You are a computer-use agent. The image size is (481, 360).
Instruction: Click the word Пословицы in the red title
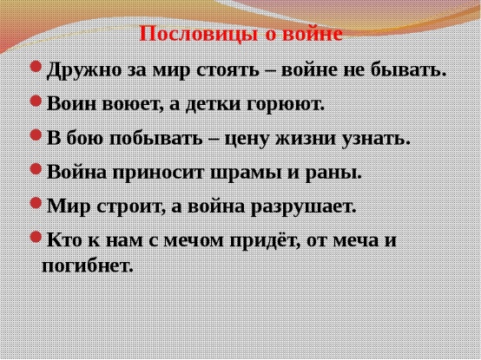199,35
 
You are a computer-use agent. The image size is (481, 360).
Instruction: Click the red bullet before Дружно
36,67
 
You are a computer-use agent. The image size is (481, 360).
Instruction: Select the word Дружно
84,71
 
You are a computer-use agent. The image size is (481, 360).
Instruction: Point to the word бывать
409,70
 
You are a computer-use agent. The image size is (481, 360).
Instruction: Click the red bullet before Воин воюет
36,101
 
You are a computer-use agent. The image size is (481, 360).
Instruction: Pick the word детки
214,104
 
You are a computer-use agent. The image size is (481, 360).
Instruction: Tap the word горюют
286,105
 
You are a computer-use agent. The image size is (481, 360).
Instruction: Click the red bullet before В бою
36,134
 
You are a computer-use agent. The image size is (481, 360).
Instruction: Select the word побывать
156,139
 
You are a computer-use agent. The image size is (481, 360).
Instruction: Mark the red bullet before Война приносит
36,169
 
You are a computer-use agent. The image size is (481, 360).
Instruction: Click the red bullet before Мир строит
36,203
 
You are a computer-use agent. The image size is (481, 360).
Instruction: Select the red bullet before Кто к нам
36,237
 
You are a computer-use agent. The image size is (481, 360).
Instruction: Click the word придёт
265,240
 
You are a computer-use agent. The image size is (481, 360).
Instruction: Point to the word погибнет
88,265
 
